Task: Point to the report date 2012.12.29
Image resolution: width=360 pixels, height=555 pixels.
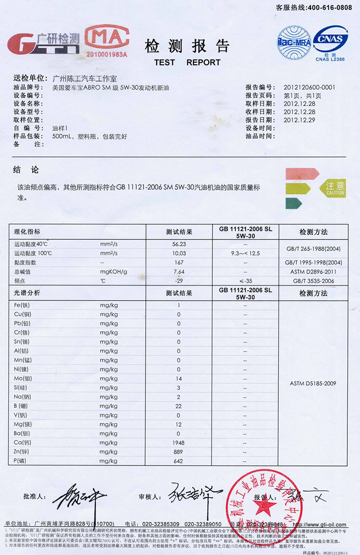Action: (299, 120)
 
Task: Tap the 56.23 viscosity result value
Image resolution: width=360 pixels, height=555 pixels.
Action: (179, 244)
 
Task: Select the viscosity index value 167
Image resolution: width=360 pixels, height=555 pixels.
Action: (179, 263)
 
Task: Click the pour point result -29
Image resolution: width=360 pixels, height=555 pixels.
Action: (179, 281)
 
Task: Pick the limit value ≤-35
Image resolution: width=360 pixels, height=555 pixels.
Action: (246, 281)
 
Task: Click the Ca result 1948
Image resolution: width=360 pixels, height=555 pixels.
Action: (179, 443)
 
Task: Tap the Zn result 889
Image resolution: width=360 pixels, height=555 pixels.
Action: (179, 452)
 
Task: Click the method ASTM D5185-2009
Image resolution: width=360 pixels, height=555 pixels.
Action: (313, 383)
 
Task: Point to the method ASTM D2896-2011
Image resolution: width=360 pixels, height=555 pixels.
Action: (313, 272)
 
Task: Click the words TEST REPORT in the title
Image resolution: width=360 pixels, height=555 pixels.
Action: (187, 62)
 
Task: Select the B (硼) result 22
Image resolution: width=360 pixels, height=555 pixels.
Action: (179, 406)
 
